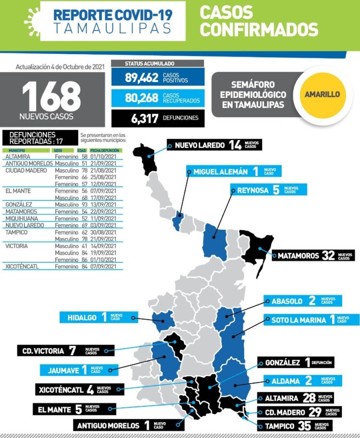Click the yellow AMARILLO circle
(x=322, y=95)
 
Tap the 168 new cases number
(x=51, y=96)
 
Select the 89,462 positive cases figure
(x=142, y=78)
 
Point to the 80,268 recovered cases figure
(x=142, y=98)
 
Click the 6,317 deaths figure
(x=145, y=118)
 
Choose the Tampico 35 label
(x=295, y=426)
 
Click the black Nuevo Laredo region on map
(x=146, y=156)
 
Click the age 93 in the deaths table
(x=84, y=204)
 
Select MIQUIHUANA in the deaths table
(x=23, y=218)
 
